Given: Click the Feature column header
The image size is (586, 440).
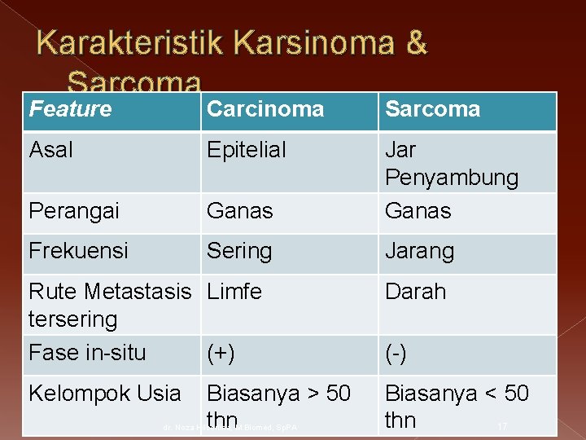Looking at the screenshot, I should (x=70, y=109).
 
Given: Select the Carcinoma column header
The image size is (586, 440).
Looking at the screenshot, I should (x=265, y=109).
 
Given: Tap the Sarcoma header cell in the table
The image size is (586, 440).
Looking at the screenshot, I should (x=432, y=109).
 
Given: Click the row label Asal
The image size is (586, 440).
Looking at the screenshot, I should (x=50, y=150).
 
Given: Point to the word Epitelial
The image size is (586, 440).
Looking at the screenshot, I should (x=246, y=150).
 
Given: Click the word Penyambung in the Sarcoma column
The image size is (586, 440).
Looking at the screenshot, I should (x=451, y=178).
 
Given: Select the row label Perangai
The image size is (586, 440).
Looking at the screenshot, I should (x=73, y=211).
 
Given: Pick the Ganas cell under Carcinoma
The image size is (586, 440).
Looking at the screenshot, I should (x=239, y=211).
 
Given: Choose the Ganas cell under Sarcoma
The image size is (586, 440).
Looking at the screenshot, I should (x=418, y=211).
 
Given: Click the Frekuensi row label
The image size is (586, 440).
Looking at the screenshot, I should (x=78, y=251).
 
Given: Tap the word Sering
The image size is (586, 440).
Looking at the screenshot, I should (x=239, y=251).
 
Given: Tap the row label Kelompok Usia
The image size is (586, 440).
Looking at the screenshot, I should (x=104, y=394).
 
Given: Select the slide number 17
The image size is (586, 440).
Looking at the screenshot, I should (x=502, y=426).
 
